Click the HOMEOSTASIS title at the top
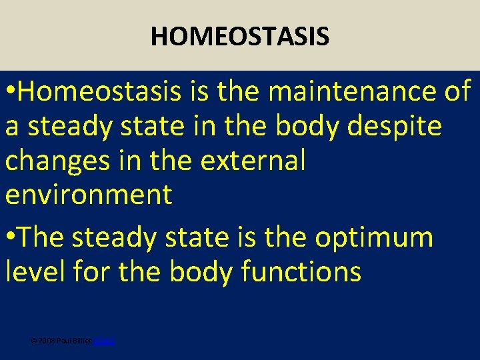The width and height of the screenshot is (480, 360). point(240,36)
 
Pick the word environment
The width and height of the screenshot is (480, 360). point(89,195)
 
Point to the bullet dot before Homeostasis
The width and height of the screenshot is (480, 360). point(9,93)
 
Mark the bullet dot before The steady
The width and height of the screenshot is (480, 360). point(9,238)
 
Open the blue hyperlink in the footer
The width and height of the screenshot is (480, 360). point(104,341)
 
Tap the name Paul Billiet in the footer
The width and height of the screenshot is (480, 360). point(73,341)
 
